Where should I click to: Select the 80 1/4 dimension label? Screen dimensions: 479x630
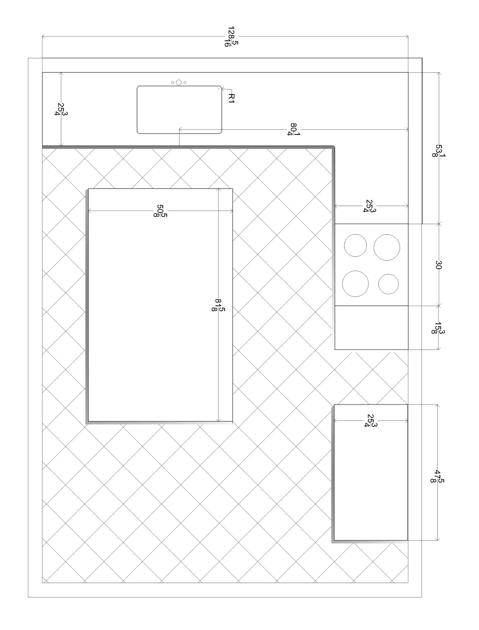tap(294, 129)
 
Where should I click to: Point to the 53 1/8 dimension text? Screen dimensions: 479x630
tap(439, 151)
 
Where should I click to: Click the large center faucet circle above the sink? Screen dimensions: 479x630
tap(179, 82)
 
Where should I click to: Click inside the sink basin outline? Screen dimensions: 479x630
tap(179, 110)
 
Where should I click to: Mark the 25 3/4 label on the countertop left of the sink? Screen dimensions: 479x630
tap(61, 109)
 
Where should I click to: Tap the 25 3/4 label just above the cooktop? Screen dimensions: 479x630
tap(370, 206)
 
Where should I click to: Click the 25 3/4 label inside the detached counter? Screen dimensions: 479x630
tap(371, 421)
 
